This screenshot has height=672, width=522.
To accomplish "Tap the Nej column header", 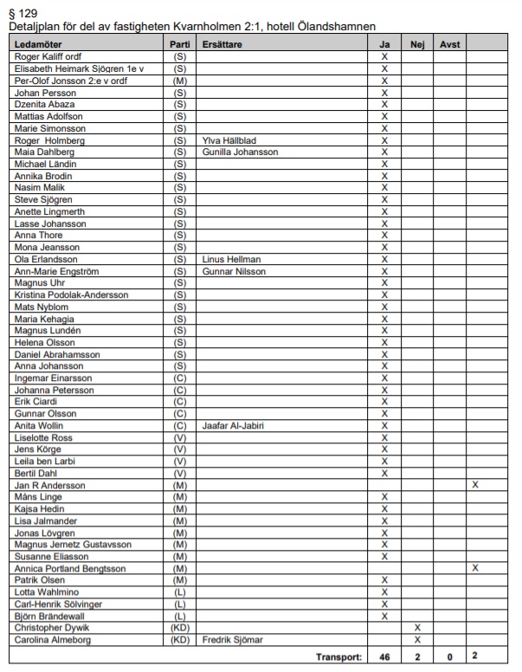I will [417, 43].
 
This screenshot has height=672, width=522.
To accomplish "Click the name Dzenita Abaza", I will [46, 104].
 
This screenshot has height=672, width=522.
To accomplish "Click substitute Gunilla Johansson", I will [241, 152].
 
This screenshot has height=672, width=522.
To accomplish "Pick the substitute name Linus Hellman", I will [231, 259].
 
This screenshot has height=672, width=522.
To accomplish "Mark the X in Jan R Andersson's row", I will [474, 485].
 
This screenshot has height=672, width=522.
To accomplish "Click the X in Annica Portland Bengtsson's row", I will [474, 569].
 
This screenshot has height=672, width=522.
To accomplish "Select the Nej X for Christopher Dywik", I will [417, 629].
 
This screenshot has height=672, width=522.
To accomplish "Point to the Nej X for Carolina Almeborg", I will [417, 641].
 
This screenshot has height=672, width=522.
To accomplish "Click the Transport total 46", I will [384, 656].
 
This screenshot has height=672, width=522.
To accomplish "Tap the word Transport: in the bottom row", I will [340, 656].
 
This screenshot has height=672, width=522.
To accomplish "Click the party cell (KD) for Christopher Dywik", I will [181, 629].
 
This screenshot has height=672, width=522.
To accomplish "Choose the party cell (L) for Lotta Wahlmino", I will [181, 593].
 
